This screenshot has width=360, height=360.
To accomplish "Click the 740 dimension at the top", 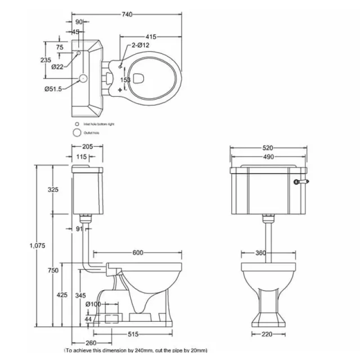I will [x=127, y=15].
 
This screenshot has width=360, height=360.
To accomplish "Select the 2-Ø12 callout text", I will [x=139, y=44].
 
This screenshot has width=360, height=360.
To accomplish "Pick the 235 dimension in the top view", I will [x=47, y=60].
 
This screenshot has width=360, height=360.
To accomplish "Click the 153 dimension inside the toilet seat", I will [x=126, y=80].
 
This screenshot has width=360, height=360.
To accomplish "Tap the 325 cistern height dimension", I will [x=53, y=190].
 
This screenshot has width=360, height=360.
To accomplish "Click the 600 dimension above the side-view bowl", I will [x=136, y=253].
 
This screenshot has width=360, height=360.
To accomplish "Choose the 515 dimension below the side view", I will [x=132, y=334].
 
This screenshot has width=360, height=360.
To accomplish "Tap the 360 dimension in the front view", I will [x=260, y=253].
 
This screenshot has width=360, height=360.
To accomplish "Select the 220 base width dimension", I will [x=266, y=334].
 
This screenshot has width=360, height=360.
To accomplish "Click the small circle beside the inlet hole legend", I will [x=76, y=123].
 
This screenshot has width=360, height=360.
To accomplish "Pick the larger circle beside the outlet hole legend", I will [x=76, y=133].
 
